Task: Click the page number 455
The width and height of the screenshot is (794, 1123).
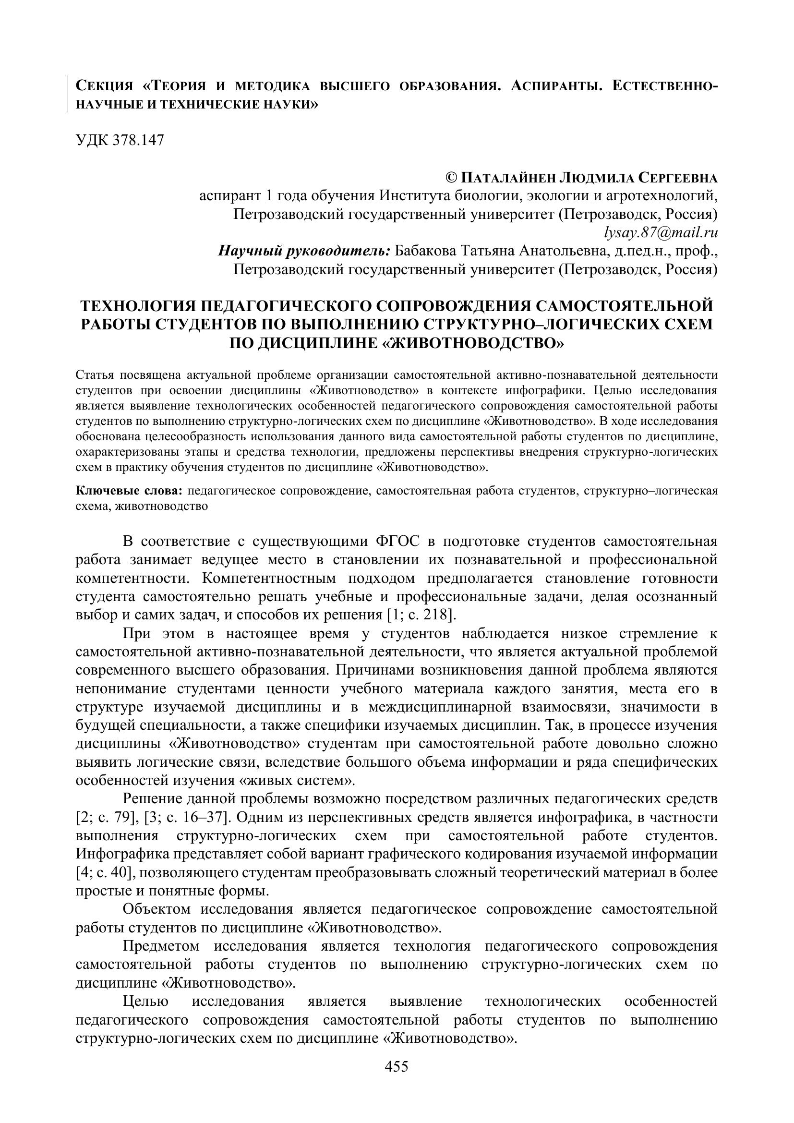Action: pos(397,1079)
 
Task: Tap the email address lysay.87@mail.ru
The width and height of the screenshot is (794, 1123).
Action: pos(661,233)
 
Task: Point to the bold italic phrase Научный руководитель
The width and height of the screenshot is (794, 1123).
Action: pos(303,252)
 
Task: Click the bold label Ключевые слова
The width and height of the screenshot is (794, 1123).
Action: pos(130,491)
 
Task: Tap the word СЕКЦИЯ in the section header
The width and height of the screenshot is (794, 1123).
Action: pos(105,87)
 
